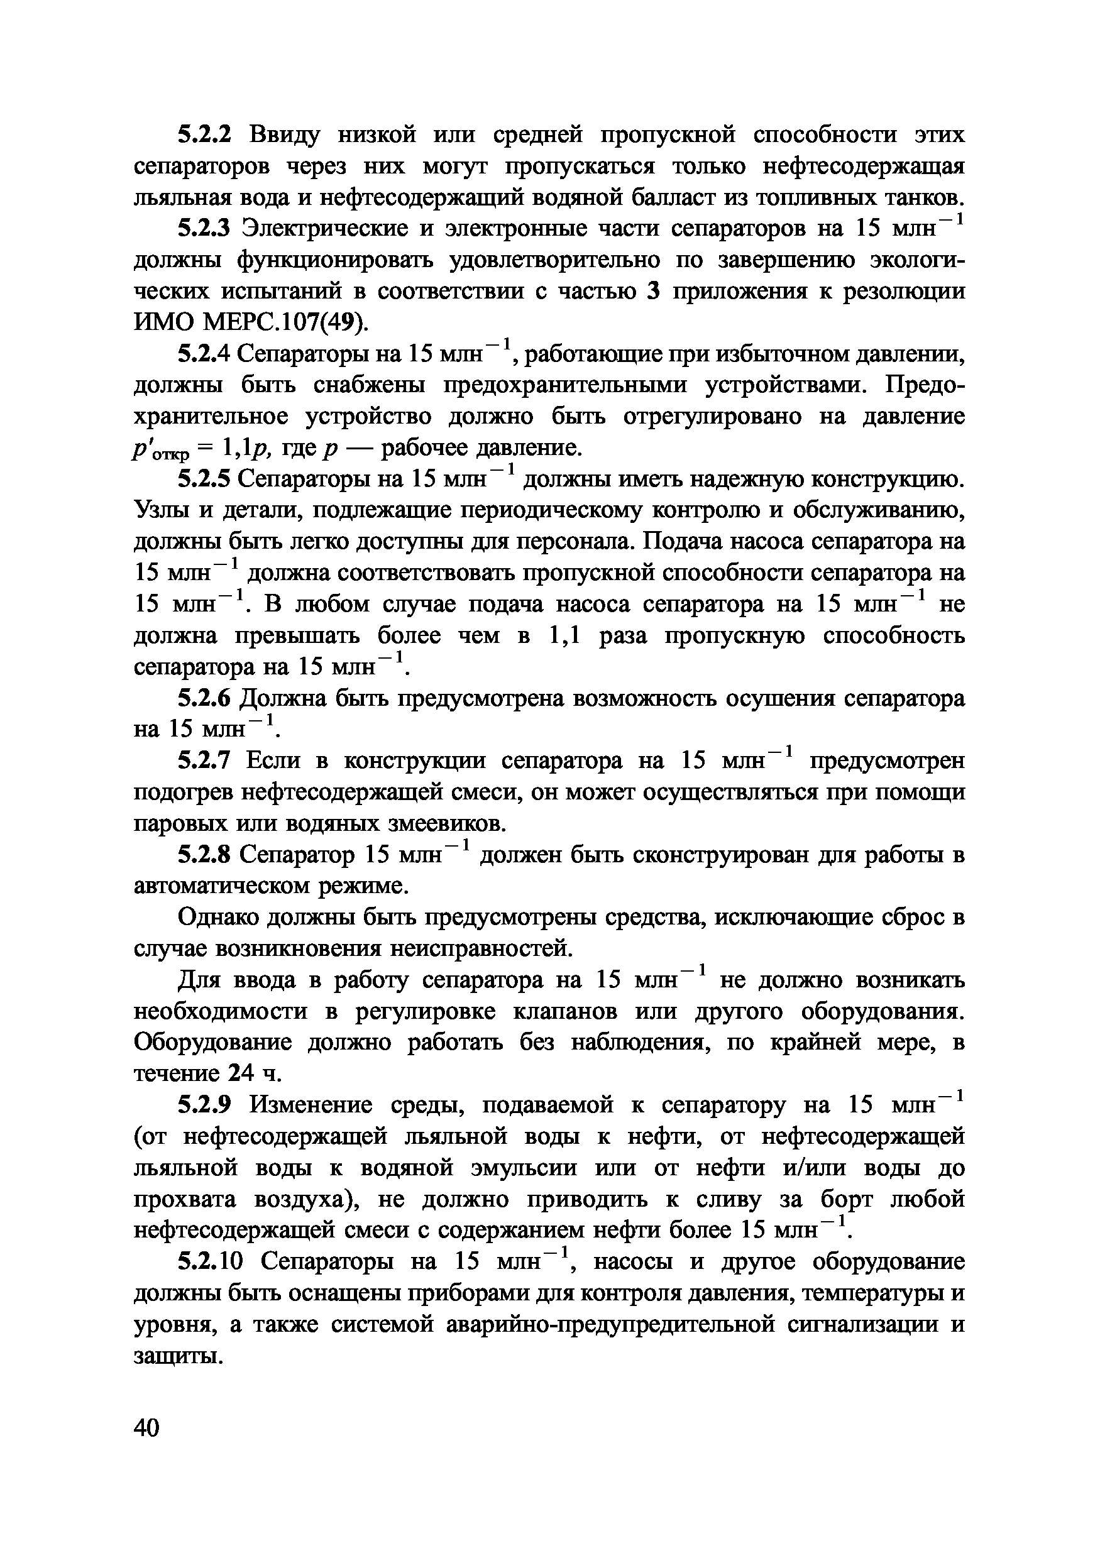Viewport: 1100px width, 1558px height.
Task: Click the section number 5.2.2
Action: (204, 135)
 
